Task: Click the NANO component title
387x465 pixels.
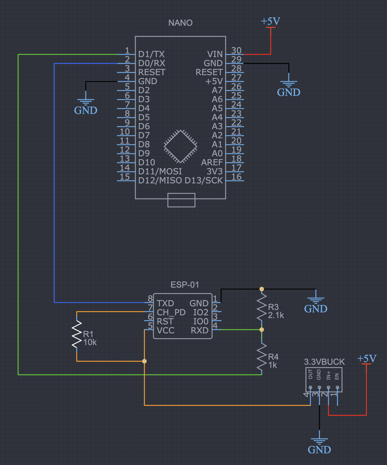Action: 180,23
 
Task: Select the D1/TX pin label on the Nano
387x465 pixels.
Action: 151,54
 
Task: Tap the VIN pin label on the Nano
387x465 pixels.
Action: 215,54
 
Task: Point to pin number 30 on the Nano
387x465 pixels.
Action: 236,50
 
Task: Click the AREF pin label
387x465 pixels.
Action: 212,162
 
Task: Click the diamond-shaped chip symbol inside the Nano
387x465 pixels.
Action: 180,146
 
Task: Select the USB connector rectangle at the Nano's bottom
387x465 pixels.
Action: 181,200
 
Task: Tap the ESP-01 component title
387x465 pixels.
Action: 185,285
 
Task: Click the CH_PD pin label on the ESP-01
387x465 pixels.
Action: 171,312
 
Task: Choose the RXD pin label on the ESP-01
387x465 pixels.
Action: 200,330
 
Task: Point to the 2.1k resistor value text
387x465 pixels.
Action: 276,315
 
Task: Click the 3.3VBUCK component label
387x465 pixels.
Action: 324,362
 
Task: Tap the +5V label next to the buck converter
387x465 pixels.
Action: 367,359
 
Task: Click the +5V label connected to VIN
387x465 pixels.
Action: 270,21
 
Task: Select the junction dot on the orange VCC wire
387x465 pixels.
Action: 144,361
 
